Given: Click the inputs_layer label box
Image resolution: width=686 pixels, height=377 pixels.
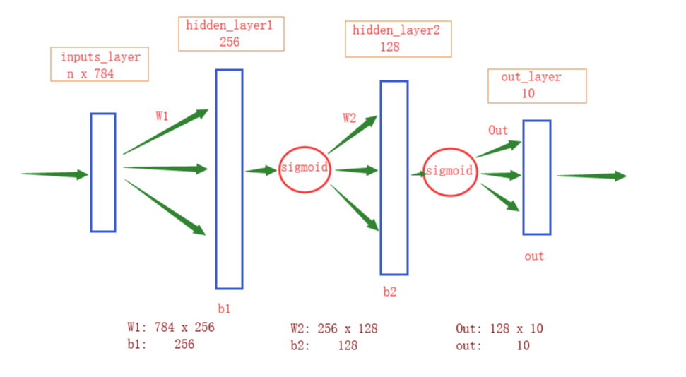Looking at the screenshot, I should click(x=100, y=64).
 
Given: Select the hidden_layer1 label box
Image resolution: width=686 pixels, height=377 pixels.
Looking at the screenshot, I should click(x=231, y=34).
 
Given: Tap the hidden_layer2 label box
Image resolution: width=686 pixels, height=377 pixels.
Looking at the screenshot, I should click(x=398, y=39).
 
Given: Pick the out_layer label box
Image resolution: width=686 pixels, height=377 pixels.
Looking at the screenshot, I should click(x=536, y=85).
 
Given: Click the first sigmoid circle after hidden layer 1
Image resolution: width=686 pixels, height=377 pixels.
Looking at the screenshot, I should click(x=304, y=169).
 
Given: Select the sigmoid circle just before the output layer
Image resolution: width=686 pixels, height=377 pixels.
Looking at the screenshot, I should click(x=449, y=172).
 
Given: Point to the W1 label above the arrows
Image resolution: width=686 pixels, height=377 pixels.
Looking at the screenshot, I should click(x=162, y=116).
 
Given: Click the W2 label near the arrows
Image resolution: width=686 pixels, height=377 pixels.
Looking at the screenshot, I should click(x=349, y=118).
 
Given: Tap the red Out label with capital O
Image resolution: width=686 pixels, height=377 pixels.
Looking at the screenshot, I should click(x=498, y=131).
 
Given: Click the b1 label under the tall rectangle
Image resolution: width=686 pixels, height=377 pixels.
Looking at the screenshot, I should click(x=224, y=309).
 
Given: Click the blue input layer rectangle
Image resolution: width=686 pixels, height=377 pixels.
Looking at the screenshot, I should click(x=103, y=172).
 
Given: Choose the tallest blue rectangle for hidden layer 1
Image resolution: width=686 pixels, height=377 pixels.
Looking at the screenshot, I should click(x=229, y=179).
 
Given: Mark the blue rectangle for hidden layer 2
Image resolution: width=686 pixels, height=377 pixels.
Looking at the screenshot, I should click(x=394, y=177).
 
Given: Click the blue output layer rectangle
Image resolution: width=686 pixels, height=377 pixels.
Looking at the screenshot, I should click(x=536, y=177).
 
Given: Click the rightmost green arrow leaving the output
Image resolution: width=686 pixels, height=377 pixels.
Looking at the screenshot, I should click(x=591, y=176).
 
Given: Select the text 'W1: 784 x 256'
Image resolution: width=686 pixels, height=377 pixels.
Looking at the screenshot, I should click(x=170, y=328).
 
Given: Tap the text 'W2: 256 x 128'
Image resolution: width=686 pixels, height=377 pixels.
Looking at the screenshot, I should click(x=334, y=328).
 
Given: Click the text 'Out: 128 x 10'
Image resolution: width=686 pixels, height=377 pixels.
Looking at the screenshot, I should click(x=499, y=328).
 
